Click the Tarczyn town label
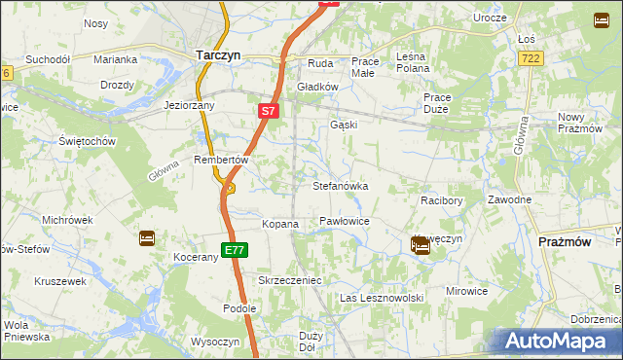coord(218,55)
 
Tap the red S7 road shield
coord(270,112)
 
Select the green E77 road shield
coord(234,250)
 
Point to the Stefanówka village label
coord(340,185)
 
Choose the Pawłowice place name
coord(345,222)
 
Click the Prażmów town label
coord(565,240)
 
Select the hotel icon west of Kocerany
coord(146,237)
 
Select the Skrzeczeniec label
coord(289,280)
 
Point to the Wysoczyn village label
coord(215,342)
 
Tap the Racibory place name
coord(440,199)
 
